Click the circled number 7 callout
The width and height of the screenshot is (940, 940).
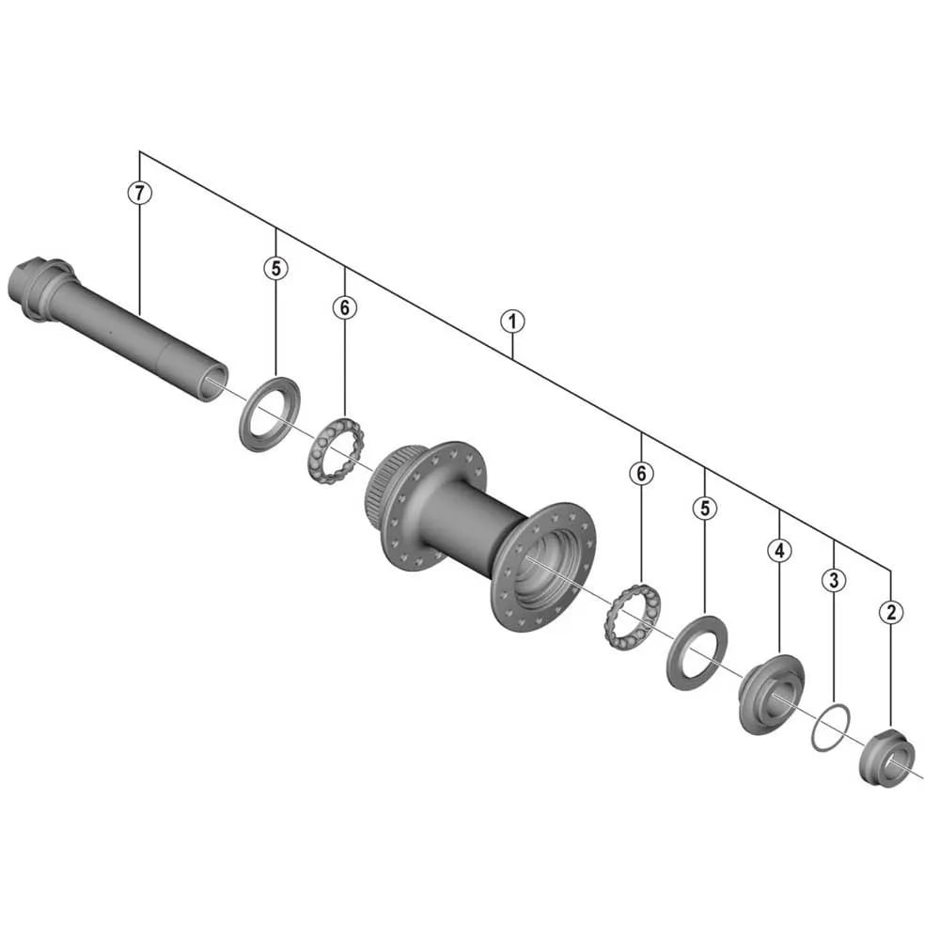(140, 193)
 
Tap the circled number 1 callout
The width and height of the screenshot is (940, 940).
(512, 321)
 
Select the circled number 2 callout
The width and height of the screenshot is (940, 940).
(891, 612)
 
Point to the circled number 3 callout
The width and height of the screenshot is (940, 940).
(834, 580)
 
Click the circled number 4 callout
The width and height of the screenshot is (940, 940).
(779, 550)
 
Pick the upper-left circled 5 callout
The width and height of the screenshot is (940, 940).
(275, 268)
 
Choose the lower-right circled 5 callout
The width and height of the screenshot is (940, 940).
(705, 508)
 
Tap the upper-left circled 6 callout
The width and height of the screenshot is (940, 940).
(345, 307)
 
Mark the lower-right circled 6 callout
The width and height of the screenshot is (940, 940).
(641, 473)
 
